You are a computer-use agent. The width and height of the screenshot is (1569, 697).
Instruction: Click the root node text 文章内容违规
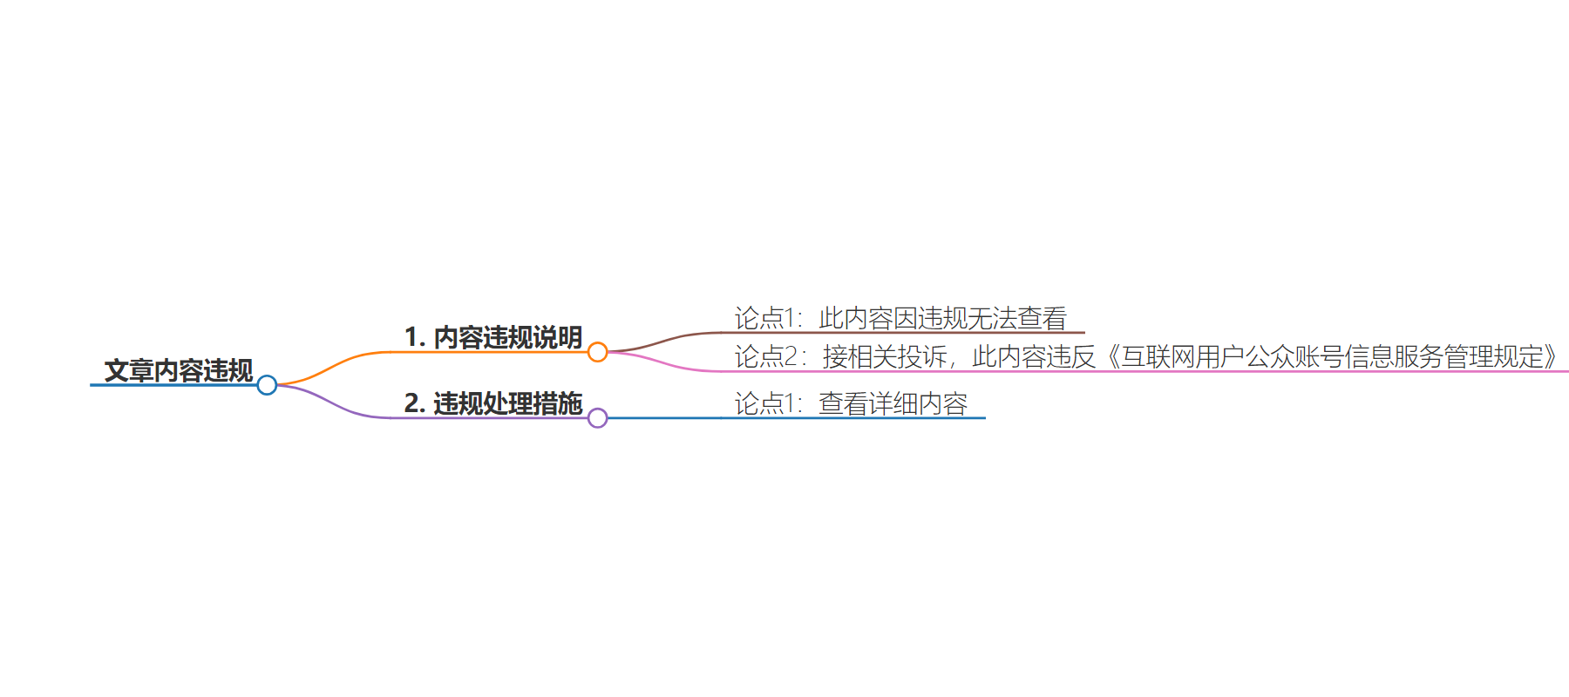pyautogui.click(x=179, y=370)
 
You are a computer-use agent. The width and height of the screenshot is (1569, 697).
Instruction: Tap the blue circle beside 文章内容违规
pyautogui.click(x=267, y=385)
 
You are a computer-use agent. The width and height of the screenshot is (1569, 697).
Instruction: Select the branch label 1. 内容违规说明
pyautogui.click(x=493, y=337)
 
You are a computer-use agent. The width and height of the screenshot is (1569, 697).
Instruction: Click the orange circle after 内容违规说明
pyautogui.click(x=597, y=352)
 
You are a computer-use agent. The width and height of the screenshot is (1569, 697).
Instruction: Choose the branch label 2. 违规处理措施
pyautogui.click(x=493, y=403)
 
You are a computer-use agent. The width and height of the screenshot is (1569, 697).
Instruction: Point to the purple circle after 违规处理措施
pyautogui.click(x=597, y=418)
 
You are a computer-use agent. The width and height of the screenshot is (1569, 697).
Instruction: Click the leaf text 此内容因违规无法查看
pyautogui.click(x=942, y=318)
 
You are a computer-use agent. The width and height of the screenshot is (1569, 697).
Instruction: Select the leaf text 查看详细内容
pyautogui.click(x=893, y=403)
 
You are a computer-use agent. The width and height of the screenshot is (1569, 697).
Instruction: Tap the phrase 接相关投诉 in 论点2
pyautogui.click(x=885, y=356)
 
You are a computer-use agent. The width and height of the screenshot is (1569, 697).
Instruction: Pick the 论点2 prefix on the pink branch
pyautogui.click(x=765, y=356)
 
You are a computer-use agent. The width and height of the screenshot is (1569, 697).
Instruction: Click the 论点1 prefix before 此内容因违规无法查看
pyautogui.click(x=764, y=318)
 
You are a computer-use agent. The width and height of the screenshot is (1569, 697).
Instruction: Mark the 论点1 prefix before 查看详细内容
pyautogui.click(x=764, y=403)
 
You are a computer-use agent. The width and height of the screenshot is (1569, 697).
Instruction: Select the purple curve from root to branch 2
pyautogui.click(x=332, y=404)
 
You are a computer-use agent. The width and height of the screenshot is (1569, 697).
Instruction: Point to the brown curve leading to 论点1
pyautogui.click(x=666, y=340)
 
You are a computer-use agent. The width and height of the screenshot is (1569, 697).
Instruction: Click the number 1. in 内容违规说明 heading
pyautogui.click(x=415, y=337)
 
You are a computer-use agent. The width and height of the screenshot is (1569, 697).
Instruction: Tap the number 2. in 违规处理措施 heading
pyautogui.click(x=415, y=403)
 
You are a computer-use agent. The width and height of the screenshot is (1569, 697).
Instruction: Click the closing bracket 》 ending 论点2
pyautogui.click(x=1550, y=356)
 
